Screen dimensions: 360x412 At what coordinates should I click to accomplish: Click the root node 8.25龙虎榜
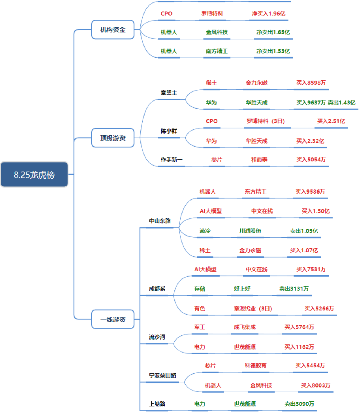34,175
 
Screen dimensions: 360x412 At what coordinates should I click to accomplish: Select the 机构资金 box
113,30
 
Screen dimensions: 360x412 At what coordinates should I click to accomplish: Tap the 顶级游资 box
113,138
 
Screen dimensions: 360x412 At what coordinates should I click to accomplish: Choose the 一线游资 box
113,319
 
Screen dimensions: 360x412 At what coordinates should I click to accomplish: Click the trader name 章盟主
169,93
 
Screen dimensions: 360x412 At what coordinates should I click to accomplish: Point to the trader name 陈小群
169,131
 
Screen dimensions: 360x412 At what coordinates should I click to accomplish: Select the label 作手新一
171,160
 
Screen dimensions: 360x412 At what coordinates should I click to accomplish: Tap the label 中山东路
160,221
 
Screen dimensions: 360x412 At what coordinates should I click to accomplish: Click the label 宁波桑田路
162,375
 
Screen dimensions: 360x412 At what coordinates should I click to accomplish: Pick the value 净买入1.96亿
268,14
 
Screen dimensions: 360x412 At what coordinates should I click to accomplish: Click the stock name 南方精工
217,51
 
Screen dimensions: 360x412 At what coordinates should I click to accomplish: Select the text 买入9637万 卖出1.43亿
326,103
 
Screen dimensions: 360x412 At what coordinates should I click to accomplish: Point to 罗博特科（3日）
266,121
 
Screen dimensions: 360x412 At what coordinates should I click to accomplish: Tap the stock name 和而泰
259,160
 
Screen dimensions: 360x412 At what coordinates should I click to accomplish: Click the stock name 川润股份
250,231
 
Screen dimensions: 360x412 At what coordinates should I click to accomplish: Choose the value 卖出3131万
294,289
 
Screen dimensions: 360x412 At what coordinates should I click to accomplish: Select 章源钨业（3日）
253,309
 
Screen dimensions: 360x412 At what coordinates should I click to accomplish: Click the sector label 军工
199,327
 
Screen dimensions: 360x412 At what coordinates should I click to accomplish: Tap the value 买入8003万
316,385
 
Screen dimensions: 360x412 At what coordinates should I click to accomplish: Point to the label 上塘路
157,404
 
